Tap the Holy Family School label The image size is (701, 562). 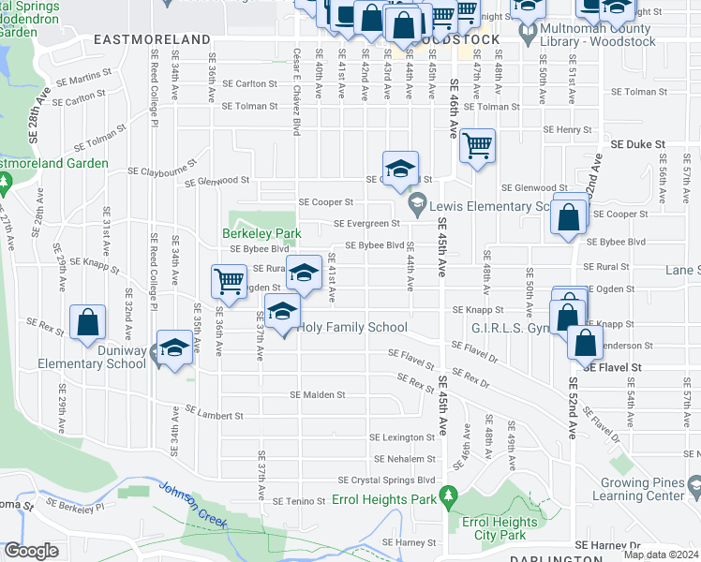pos(352,328)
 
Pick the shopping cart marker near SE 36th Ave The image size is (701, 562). pos(230,280)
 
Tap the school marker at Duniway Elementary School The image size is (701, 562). pos(173,348)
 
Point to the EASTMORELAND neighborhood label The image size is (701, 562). pos(153,40)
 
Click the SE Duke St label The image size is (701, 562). pos(637,145)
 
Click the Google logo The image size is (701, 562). pos(32,551)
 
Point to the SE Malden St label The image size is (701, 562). pos(318,394)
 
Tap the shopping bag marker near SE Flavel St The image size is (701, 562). pos(585,343)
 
